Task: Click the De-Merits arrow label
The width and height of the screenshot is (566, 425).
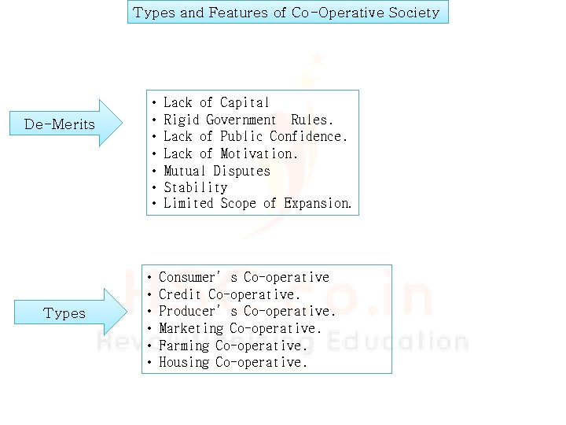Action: (x=60, y=124)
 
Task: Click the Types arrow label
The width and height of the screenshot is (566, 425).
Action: (x=64, y=313)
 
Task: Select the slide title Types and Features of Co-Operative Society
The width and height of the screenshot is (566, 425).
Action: (x=287, y=13)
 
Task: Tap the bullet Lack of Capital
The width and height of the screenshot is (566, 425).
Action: (x=216, y=103)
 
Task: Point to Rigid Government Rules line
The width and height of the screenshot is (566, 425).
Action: (x=248, y=120)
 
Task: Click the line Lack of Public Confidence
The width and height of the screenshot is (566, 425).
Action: (x=255, y=137)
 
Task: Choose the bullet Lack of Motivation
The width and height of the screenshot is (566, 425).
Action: (x=231, y=154)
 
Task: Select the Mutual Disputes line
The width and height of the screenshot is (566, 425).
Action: (x=217, y=171)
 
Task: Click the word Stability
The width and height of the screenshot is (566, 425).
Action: (x=195, y=187)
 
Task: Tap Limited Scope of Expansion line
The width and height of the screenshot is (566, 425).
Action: (x=258, y=204)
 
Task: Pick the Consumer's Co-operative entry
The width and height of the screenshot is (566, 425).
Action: (x=244, y=278)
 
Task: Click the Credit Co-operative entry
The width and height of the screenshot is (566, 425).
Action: (x=230, y=295)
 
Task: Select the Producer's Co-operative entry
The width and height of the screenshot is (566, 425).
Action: (x=247, y=312)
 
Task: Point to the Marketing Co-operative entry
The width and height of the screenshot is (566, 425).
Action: (x=241, y=329)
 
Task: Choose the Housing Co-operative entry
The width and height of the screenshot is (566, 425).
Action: (x=233, y=363)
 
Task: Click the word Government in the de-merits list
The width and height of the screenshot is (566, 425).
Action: (x=241, y=120)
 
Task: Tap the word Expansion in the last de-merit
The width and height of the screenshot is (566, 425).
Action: (x=318, y=204)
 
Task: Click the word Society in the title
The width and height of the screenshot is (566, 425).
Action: (x=413, y=13)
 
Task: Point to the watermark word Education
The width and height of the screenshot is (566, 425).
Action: (x=402, y=342)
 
